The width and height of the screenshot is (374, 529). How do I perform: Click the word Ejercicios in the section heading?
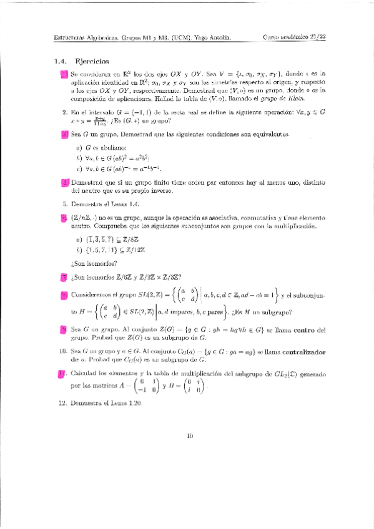[92, 62]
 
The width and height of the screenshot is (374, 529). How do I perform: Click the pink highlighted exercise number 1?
[64, 75]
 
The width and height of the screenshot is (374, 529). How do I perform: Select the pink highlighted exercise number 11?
[62, 374]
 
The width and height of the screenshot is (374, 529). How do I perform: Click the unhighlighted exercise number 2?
[64, 112]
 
